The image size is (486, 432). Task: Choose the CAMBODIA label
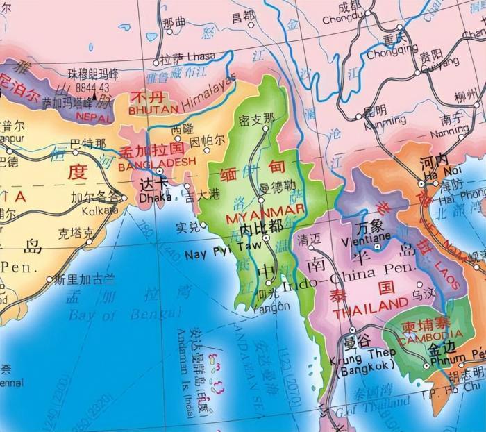[x=421, y=336]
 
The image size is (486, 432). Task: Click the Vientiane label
[x=377, y=238]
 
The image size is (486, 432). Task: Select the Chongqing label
[x=392, y=51]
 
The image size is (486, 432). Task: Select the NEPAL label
[x=93, y=117]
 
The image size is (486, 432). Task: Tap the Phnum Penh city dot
[x=426, y=365]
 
